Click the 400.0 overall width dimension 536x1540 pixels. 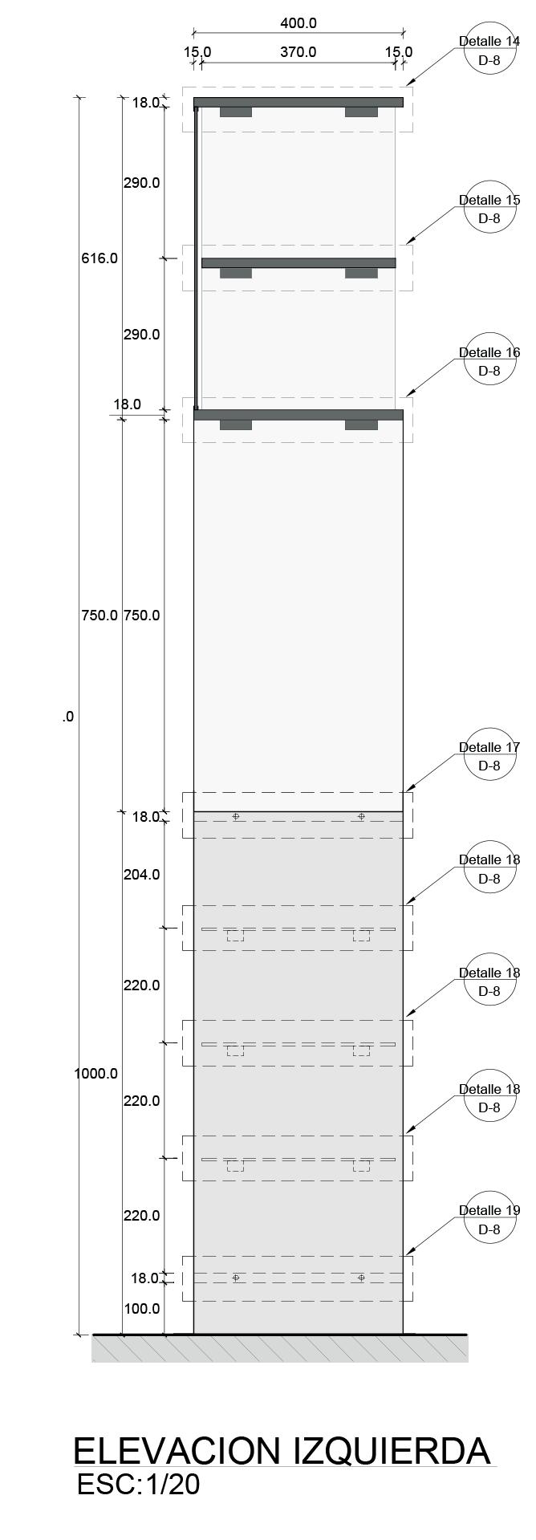pos(298,23)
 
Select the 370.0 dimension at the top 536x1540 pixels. pos(298,52)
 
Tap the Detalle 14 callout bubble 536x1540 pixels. pos(489,51)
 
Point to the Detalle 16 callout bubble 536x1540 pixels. pos(489,362)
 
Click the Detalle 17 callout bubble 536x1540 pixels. pos(489,757)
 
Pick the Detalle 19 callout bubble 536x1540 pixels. pos(489,1220)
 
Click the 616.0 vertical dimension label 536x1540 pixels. pos(99,258)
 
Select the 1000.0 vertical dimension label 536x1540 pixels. pos(96,1074)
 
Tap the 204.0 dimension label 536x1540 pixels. pos(141,875)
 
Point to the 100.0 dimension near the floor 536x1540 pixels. pos(141,1309)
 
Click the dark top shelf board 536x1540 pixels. pos(298,102)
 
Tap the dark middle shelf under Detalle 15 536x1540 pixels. pos(298,262)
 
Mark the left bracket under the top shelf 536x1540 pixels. pos(235,112)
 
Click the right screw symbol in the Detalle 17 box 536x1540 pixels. pos(361,816)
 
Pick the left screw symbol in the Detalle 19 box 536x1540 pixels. pos(235,1277)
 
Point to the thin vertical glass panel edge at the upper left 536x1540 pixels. pos(196,257)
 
